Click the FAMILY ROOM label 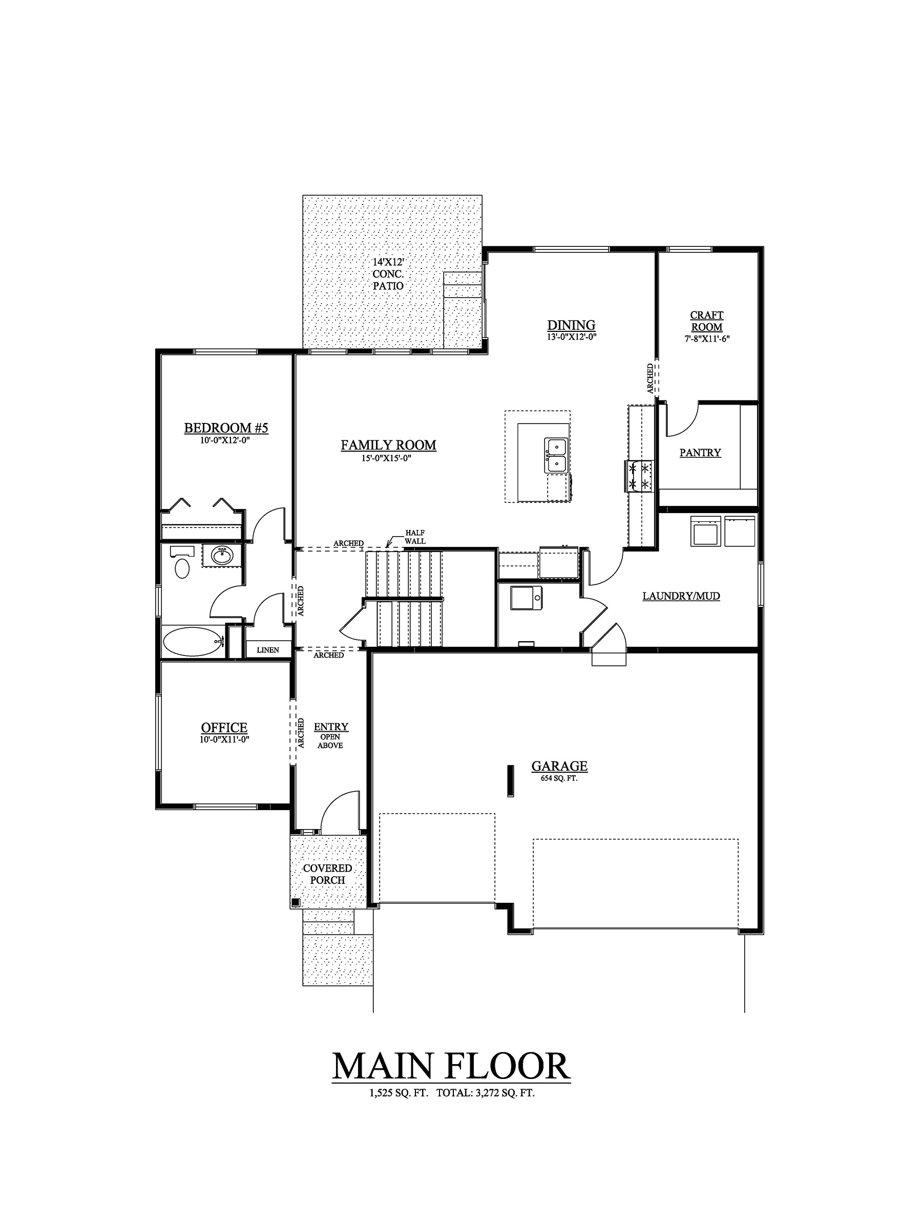(388, 445)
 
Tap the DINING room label (571, 325)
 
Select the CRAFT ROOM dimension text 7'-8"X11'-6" (706, 338)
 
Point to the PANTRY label (700, 453)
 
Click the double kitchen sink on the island (556, 455)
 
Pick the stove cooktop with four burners (639, 476)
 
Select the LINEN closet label (267, 649)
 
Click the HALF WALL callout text (414, 537)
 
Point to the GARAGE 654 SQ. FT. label (559, 770)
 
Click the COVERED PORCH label (327, 874)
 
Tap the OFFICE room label (224, 728)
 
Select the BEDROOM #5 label (226, 428)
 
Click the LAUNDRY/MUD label (681, 596)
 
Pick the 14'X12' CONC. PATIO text (388, 274)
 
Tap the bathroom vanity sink (222, 555)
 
